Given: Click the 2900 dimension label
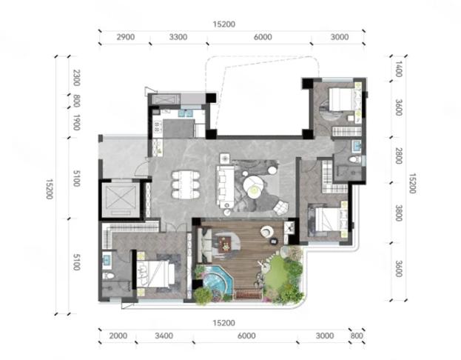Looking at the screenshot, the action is pyautogui.click(x=126, y=37).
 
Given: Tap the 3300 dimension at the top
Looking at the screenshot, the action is pyautogui.click(x=178, y=37).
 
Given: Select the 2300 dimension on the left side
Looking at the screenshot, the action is pyautogui.click(x=76, y=78).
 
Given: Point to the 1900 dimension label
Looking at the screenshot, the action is pyautogui.click(x=76, y=122).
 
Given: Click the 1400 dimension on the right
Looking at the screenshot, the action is pyautogui.click(x=398, y=69).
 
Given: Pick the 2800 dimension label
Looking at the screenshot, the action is pyautogui.click(x=398, y=156).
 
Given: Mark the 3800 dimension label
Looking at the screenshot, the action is pyautogui.click(x=398, y=213).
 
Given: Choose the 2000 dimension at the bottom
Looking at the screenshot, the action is pyautogui.click(x=118, y=336).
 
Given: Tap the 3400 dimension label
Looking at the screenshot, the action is pyautogui.click(x=164, y=336).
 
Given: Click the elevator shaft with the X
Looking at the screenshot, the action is pyautogui.click(x=121, y=199).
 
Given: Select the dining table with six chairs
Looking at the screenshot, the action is pyautogui.click(x=186, y=184).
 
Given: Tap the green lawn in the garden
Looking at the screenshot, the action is pyautogui.click(x=276, y=274).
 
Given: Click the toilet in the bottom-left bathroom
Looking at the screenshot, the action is pyautogui.click(x=108, y=276).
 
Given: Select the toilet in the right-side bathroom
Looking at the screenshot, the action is pyautogui.click(x=355, y=159).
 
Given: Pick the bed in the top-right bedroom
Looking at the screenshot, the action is pyautogui.click(x=343, y=99).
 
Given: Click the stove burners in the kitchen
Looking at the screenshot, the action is pyautogui.click(x=157, y=127).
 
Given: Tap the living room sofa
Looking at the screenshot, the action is pyautogui.click(x=226, y=186).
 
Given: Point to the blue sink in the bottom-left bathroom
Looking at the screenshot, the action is pyautogui.click(x=107, y=260).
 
